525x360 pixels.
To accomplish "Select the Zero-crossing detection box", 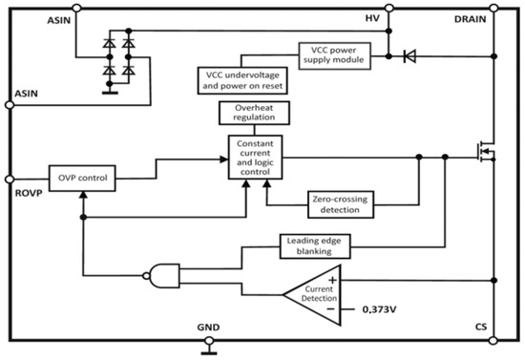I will click(x=340, y=201).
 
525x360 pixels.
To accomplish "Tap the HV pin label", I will click(x=374, y=18).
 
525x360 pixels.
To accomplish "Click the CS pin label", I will click(x=481, y=328).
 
